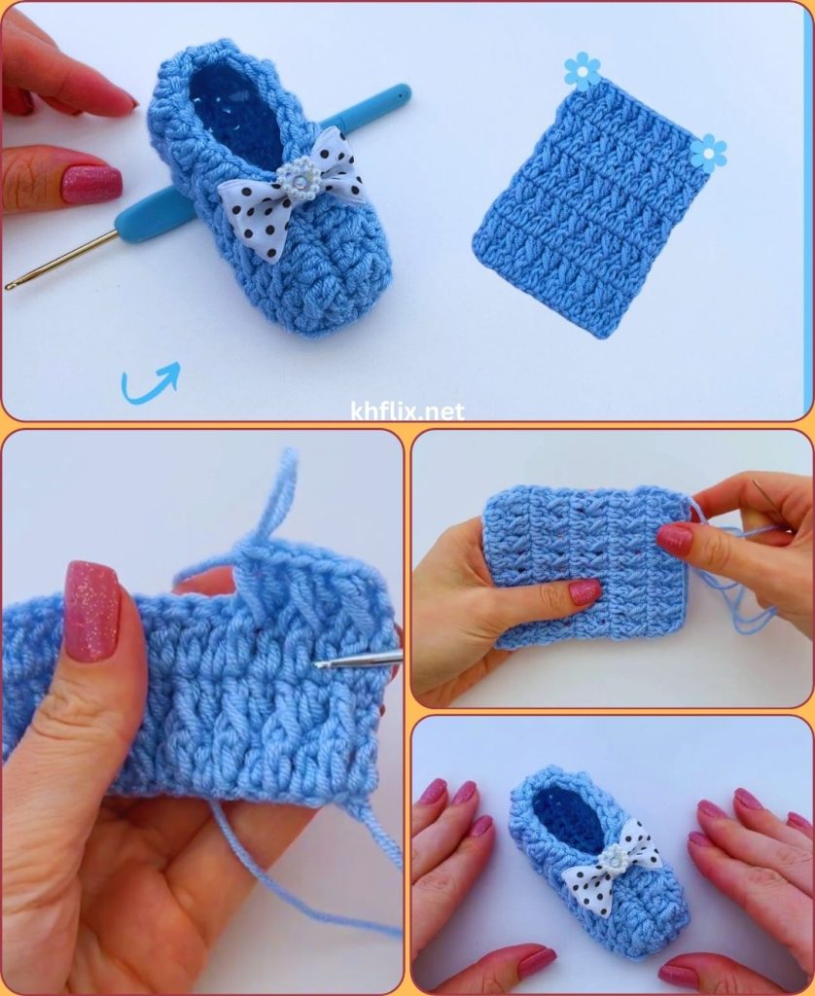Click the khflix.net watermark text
click(x=407, y=411)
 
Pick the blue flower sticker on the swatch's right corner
click(x=708, y=153)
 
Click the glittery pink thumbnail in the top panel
click(x=91, y=183)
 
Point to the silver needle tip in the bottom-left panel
click(x=318, y=664)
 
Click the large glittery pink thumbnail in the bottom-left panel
click(x=92, y=611)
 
